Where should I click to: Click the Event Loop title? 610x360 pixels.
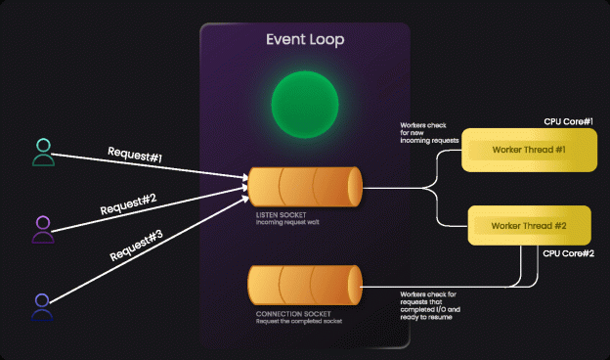tap(305, 40)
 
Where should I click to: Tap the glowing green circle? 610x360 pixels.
tap(304, 104)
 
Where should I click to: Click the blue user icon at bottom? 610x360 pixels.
tap(43, 305)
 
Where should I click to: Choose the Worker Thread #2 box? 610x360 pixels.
tap(529, 226)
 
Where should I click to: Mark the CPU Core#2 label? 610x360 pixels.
tap(569, 253)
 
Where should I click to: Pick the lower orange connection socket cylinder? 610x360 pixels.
tap(304, 285)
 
